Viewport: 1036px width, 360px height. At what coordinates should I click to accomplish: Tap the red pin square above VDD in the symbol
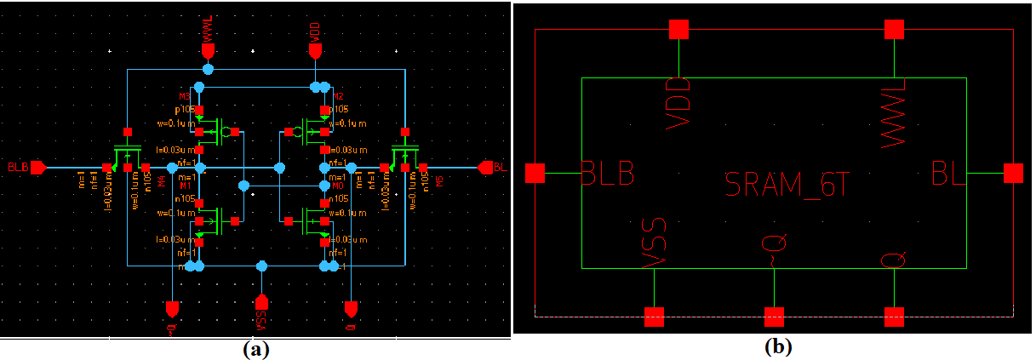[x=678, y=30]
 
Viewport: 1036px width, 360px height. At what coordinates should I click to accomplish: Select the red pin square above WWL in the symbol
[x=893, y=30]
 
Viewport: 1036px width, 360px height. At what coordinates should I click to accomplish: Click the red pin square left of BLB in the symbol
[x=535, y=174]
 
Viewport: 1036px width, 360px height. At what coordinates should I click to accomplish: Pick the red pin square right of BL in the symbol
[x=1012, y=174]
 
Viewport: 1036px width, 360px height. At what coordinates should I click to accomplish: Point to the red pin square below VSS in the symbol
[x=654, y=317]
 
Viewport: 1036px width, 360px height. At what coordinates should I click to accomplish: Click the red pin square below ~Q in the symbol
[x=773, y=317]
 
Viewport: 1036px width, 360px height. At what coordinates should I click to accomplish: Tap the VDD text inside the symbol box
[x=678, y=103]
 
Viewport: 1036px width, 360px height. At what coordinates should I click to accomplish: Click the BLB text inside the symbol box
[x=608, y=174]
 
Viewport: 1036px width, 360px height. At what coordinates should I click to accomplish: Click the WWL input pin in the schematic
[x=208, y=50]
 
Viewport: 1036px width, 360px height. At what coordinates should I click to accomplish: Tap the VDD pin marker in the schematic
[x=315, y=50]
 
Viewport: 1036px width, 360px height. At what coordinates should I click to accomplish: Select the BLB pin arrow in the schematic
[x=37, y=168]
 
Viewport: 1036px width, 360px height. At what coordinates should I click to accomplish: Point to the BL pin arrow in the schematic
[x=486, y=168]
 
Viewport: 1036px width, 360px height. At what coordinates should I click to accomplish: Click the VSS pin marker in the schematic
[x=262, y=302]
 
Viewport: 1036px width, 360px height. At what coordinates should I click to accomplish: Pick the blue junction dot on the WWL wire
[x=208, y=68]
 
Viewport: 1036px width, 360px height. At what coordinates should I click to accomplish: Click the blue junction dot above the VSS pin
[x=262, y=266]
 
